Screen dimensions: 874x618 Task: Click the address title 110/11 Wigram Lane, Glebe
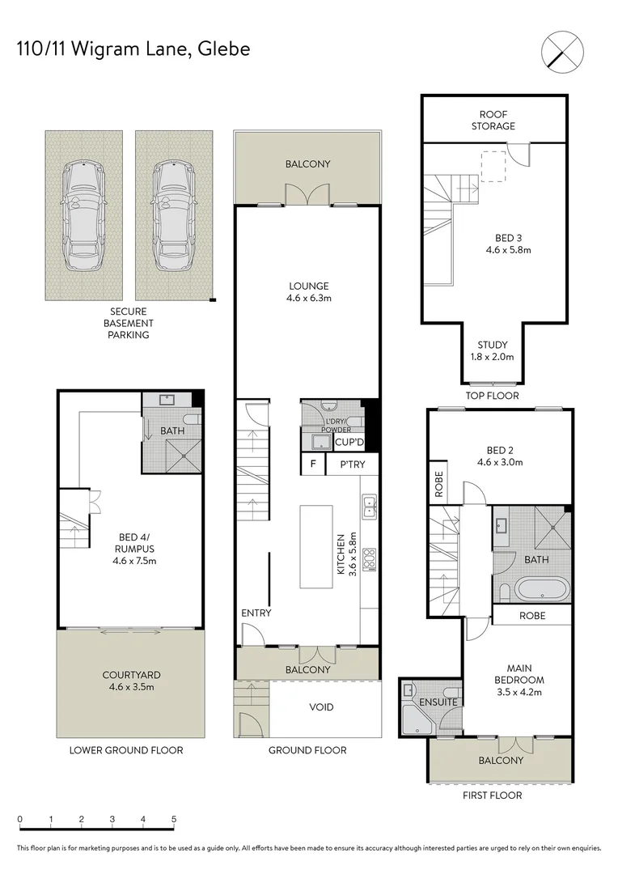point(133,49)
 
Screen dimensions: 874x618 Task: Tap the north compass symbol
point(561,49)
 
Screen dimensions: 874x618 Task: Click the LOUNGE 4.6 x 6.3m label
point(308,291)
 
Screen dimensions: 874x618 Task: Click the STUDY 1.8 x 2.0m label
point(493,350)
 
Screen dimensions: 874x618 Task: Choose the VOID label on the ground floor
point(321,707)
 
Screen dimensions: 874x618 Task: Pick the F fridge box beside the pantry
point(311,465)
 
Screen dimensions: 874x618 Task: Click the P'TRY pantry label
point(352,465)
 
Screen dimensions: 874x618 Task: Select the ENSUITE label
point(438,702)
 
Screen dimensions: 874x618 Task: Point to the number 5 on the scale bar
point(174,819)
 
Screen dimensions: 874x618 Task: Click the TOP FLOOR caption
point(493,396)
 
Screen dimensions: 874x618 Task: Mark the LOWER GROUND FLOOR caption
point(126,750)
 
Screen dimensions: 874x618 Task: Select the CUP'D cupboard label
point(349,442)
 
